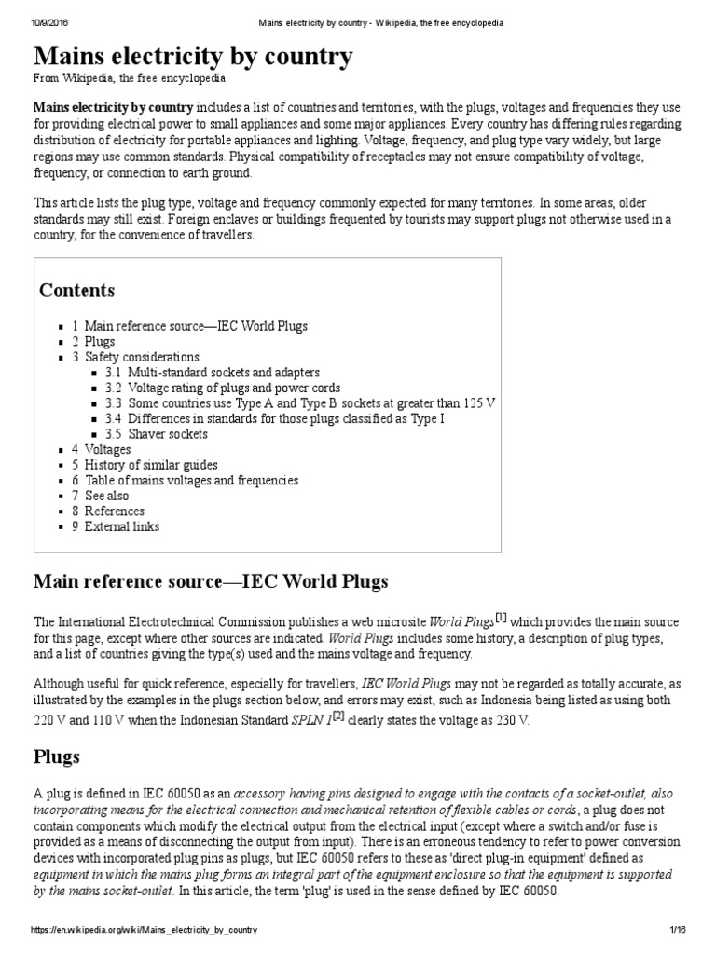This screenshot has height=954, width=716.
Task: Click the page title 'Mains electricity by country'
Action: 193,57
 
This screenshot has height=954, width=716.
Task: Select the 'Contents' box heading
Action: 77,291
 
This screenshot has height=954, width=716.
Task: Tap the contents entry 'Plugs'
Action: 100,342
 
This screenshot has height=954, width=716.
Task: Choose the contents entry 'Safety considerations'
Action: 142,357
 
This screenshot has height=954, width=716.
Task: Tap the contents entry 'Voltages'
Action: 107,449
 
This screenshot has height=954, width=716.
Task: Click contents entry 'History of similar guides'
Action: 151,465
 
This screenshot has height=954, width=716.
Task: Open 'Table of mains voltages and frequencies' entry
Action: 191,481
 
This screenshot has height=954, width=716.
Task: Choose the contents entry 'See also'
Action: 106,496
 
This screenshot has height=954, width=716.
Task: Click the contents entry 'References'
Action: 114,511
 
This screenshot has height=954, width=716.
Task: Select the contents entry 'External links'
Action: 121,526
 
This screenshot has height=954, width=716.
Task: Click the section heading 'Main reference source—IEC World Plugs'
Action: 211,582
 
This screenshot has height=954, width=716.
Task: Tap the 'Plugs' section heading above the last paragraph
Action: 56,756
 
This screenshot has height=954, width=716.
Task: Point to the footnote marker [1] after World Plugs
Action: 501,617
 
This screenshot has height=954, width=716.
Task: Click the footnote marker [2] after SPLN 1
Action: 339,715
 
